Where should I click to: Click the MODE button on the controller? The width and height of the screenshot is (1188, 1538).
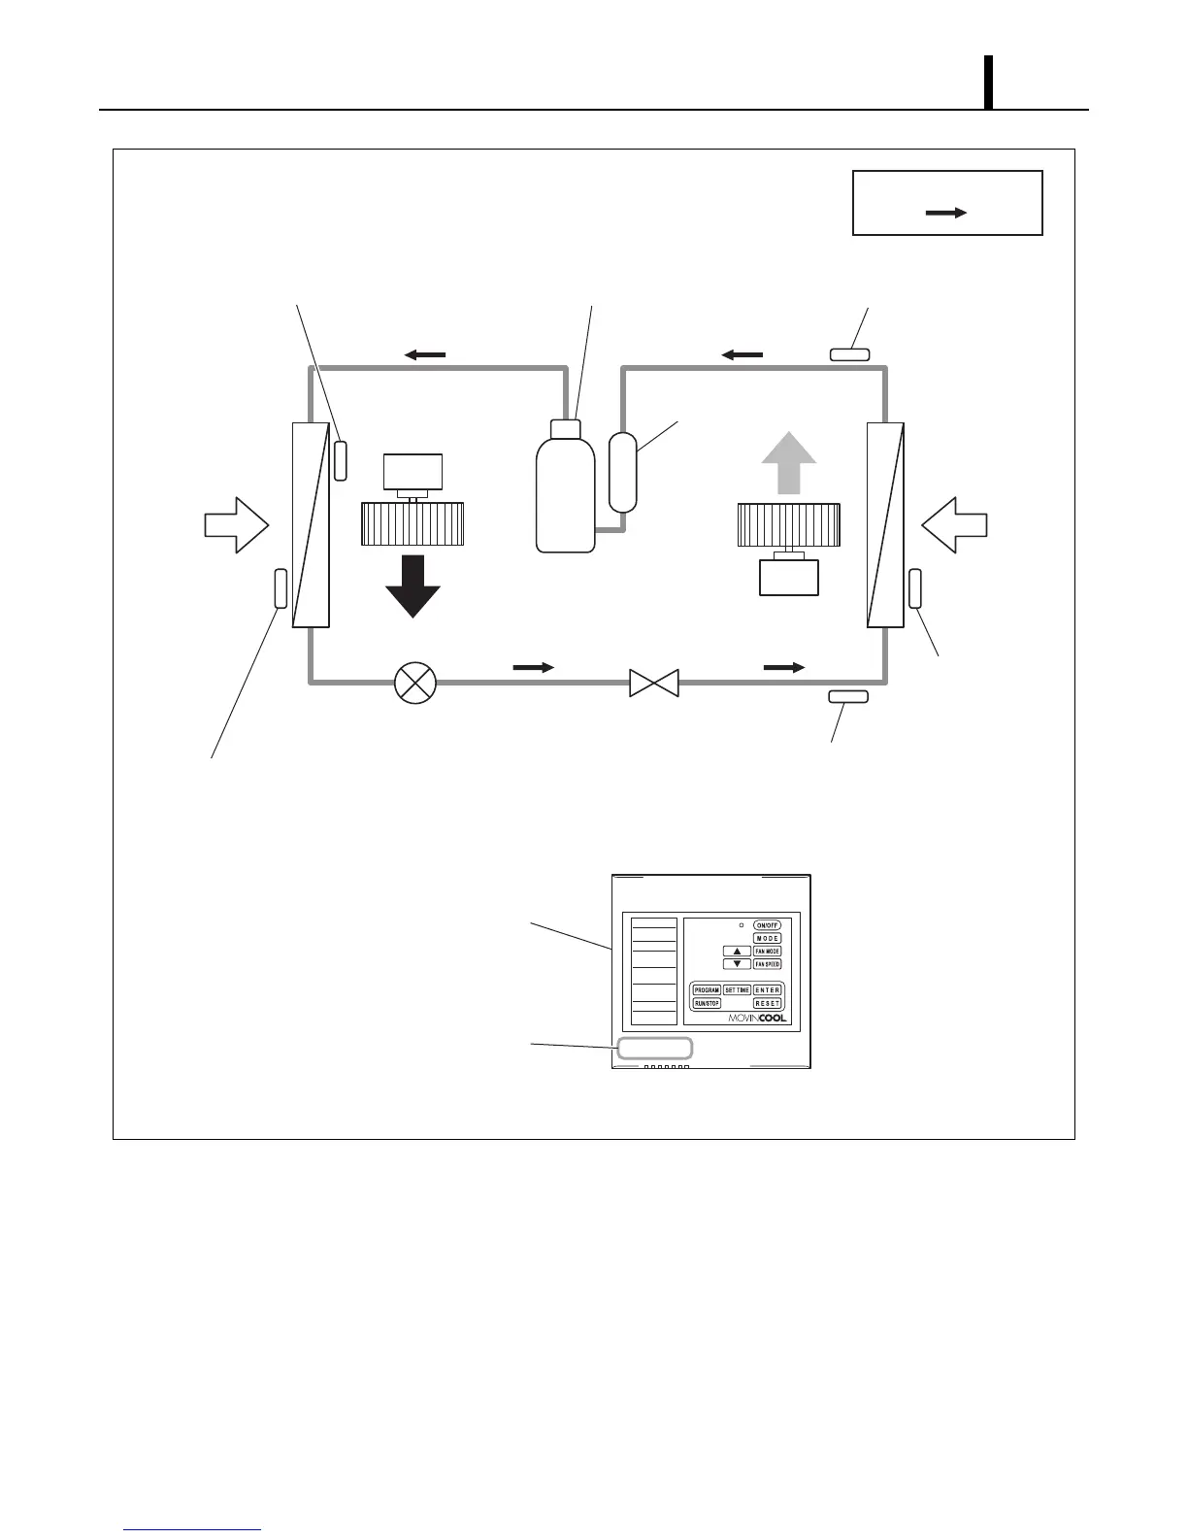pos(767,938)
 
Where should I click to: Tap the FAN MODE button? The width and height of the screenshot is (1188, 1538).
pos(767,952)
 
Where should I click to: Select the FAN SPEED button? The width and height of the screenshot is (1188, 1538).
pos(767,964)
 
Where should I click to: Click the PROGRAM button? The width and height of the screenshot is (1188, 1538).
pos(707,990)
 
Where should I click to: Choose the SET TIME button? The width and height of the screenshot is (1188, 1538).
pos(737,990)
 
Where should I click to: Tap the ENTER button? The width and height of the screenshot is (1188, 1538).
pos(767,990)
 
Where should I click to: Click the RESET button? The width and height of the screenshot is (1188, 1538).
pos(767,1003)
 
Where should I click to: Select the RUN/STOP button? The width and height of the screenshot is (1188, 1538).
pos(707,1003)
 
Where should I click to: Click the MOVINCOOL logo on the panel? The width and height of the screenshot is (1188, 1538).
pos(757,1019)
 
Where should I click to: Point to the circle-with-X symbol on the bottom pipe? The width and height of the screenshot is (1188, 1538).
pos(415,684)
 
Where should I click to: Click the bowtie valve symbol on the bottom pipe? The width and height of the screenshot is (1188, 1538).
pos(653,683)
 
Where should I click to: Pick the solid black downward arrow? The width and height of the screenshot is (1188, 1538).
pos(412,585)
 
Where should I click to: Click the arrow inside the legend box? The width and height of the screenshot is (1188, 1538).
pos(946,213)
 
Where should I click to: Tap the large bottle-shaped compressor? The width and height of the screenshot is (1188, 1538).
pos(566,490)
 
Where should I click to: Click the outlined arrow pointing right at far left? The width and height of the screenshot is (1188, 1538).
pos(236,525)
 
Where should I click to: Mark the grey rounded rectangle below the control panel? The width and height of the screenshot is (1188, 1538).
pos(655,1048)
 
